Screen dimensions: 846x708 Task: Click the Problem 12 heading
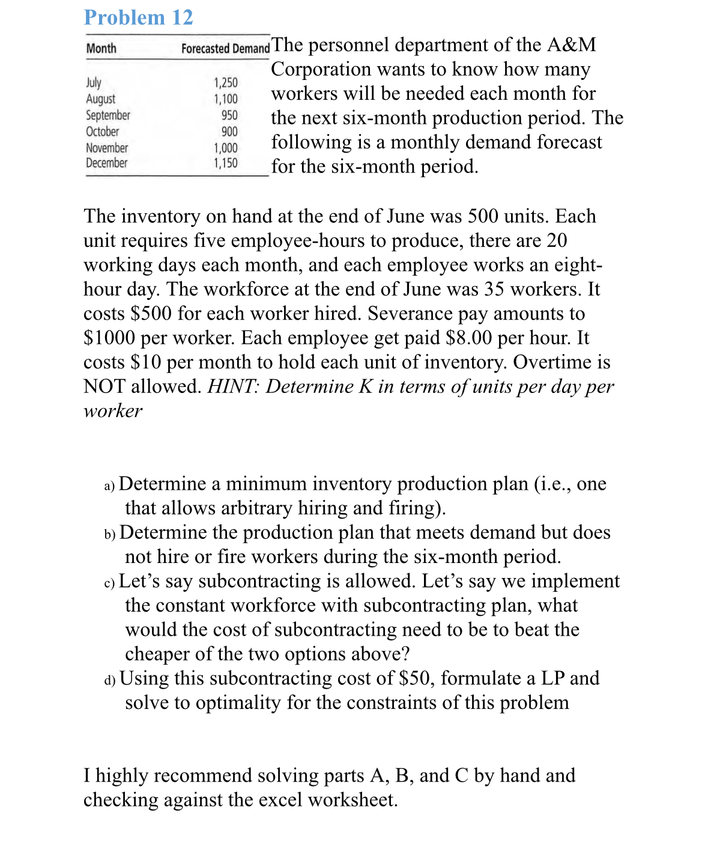(x=139, y=17)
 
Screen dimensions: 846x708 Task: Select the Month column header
(x=101, y=49)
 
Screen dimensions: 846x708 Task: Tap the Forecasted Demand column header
(x=225, y=49)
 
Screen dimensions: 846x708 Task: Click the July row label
(x=94, y=82)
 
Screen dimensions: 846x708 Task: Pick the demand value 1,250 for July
(x=226, y=83)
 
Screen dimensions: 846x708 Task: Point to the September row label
(x=108, y=115)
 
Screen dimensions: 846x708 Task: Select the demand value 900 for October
(x=229, y=132)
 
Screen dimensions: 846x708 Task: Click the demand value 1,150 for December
(x=226, y=163)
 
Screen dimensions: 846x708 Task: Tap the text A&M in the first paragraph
(x=572, y=45)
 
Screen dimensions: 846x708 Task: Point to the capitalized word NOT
(x=104, y=386)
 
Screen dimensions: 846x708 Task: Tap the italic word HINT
(x=233, y=386)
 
